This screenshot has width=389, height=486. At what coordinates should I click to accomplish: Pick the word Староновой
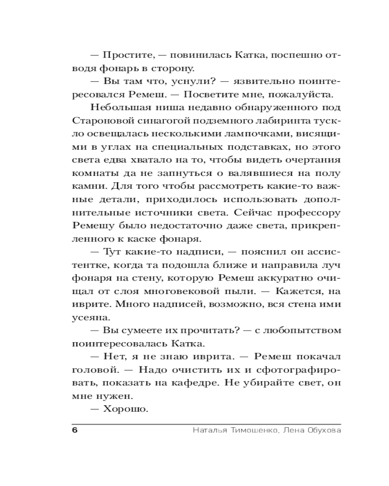coord(98,120)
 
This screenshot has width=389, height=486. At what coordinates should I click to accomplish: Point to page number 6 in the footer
coord(75,431)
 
